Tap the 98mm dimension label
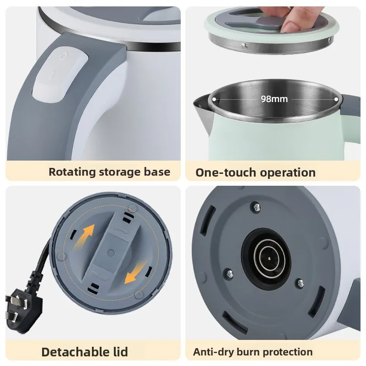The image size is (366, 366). tap(274, 99)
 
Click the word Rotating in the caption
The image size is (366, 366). tap(70, 172)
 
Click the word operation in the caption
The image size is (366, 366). tap(288, 172)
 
